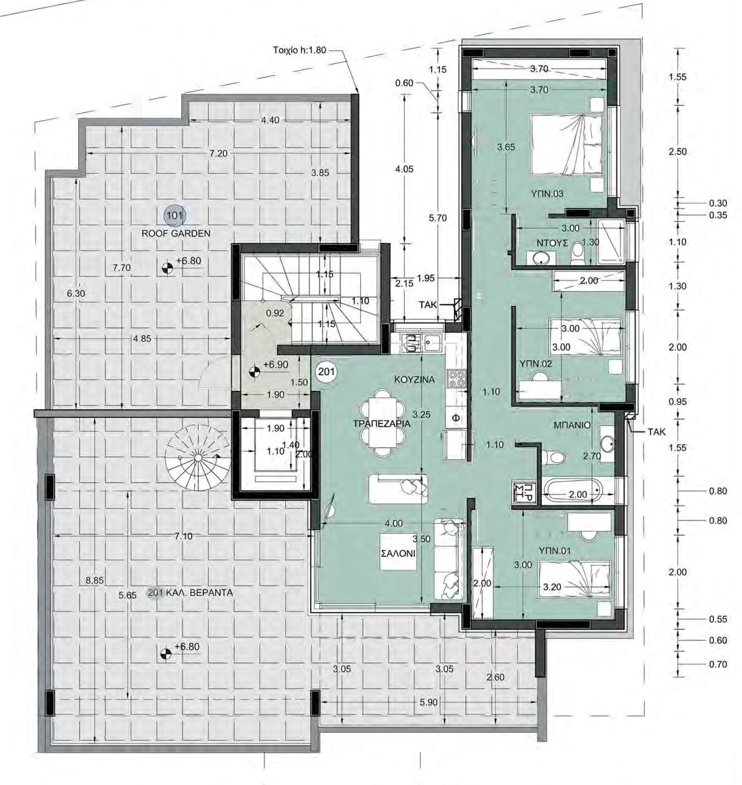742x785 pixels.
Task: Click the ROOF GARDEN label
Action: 176,233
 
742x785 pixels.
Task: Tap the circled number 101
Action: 174,216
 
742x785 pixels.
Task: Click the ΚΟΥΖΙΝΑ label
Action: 414,379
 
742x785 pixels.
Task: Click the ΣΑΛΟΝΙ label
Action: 398,553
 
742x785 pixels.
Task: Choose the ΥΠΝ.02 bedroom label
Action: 536,363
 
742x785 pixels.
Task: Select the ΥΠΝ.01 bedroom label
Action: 555,551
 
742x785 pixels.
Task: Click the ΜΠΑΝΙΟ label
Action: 572,425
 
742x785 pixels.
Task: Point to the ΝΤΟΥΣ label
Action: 552,243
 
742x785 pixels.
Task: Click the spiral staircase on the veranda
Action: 197,457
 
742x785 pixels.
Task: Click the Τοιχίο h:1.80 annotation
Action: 299,50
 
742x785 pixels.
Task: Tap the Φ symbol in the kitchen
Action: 455,418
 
